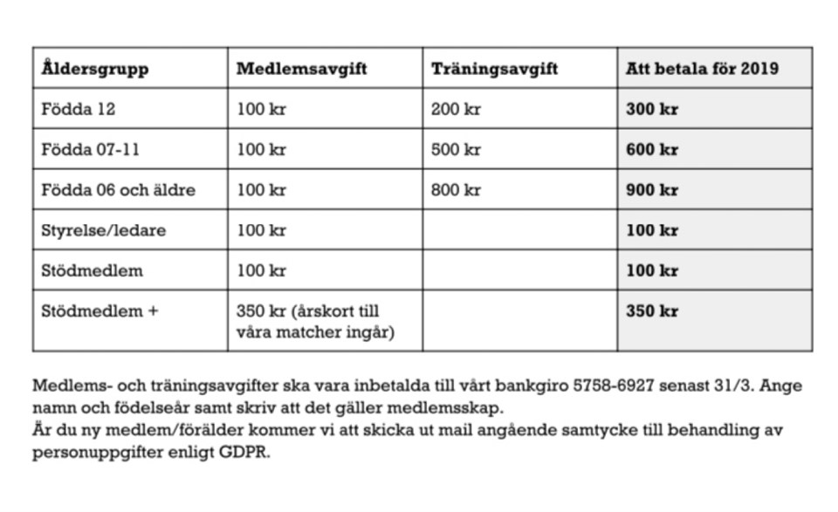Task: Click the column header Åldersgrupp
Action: [94, 69]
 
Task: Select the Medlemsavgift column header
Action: [301, 69]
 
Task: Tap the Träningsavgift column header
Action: [494, 69]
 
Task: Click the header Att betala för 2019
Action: [702, 69]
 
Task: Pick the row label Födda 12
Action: [79, 110]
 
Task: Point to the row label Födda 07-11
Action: [91, 150]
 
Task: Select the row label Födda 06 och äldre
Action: [118, 190]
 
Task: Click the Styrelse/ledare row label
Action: [103, 230]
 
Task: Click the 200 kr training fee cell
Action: [456, 110]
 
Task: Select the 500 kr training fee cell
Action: [456, 150]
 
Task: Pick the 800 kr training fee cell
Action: [456, 190]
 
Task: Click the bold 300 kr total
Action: [651, 110]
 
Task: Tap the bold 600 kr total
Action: [651, 150]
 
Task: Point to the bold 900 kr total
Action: [651, 190]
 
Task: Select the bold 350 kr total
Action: [651, 311]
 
